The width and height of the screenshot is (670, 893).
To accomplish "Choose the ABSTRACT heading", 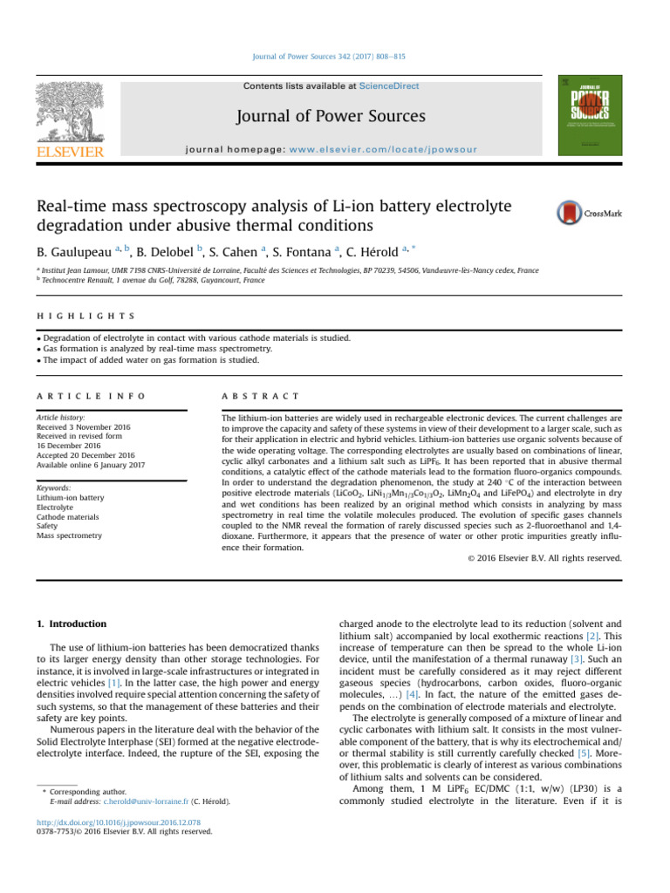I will (x=261, y=395).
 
